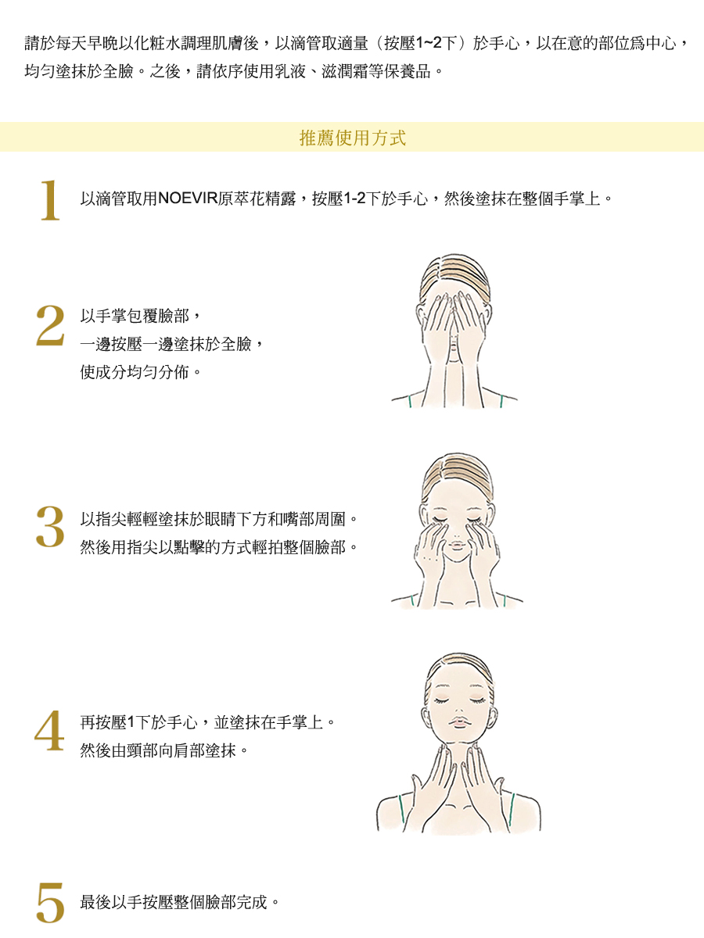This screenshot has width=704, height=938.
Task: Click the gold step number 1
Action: click(x=50, y=200)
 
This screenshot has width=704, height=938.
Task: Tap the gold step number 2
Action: click(x=50, y=325)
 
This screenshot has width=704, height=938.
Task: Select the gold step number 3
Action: click(x=50, y=527)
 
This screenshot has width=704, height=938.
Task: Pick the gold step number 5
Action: click(x=50, y=902)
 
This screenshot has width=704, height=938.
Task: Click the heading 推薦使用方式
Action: click(x=352, y=138)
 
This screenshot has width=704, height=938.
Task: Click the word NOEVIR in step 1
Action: click(x=188, y=199)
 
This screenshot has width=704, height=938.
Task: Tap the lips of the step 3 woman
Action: click(x=456, y=546)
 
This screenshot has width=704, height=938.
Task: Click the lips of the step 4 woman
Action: click(x=459, y=721)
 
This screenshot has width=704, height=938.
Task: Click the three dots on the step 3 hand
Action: click(x=429, y=558)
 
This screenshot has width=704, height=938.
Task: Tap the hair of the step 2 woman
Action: click(x=455, y=277)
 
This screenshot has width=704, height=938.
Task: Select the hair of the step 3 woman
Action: click(x=458, y=474)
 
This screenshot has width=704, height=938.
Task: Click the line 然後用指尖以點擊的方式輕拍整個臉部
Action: click(x=219, y=546)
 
